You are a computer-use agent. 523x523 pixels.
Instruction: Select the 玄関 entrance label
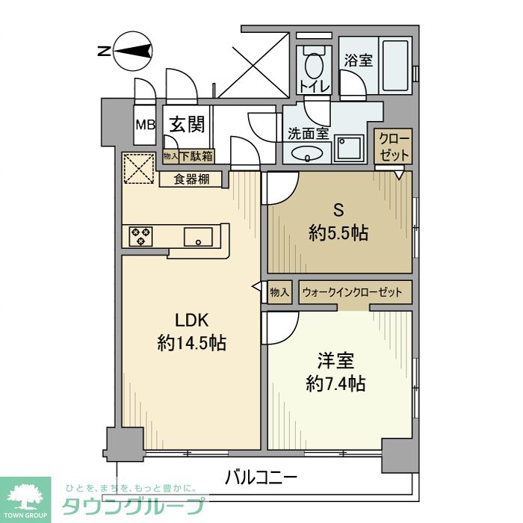coord(186,124)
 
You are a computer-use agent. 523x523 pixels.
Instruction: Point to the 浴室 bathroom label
coord(359,61)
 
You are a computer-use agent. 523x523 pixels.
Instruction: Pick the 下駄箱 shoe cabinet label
coord(196,156)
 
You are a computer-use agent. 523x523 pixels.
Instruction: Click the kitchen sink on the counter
coord(198,237)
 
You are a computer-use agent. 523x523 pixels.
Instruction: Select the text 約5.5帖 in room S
coord(338,233)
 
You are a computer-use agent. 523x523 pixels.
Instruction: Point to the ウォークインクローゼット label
coord(351,292)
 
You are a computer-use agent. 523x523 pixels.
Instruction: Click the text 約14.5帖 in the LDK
coord(192,343)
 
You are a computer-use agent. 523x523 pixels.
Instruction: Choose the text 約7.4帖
coord(335,384)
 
